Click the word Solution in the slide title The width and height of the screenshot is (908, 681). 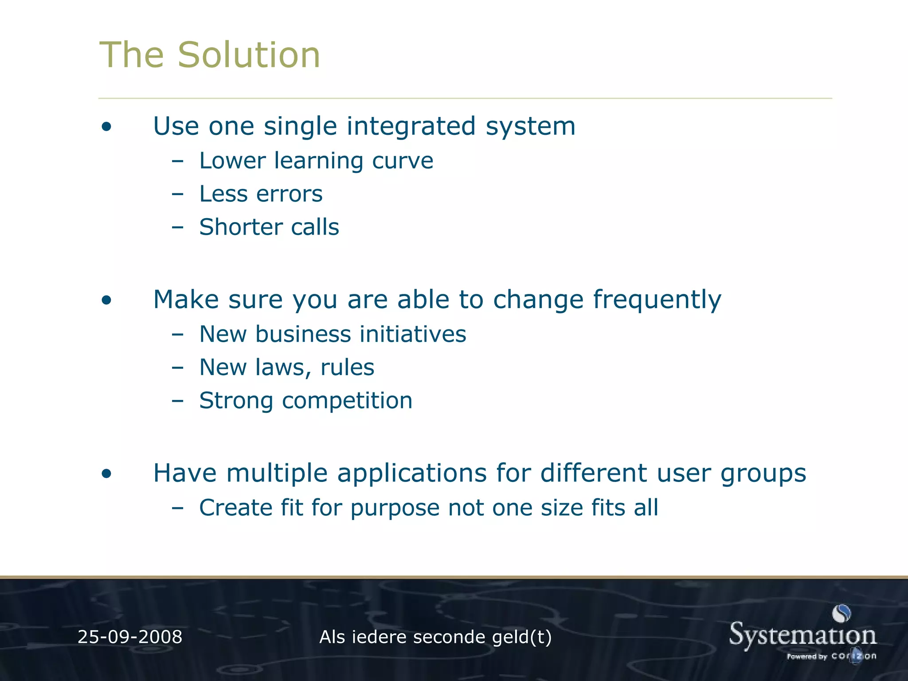pos(249,55)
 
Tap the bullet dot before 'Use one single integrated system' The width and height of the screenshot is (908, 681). pos(106,127)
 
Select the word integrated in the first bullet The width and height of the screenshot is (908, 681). pos(411,126)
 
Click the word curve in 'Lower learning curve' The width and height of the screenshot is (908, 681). pos(402,160)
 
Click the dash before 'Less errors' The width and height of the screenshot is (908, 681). pos(177,194)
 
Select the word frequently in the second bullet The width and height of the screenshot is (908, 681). pos(657,300)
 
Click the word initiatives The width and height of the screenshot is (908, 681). pos(413,334)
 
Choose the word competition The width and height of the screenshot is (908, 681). pos(347,401)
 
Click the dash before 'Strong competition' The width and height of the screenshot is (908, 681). pos(177,401)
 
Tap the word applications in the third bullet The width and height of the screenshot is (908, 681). pos(412,474)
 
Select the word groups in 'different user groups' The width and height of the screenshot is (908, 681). pos(763,474)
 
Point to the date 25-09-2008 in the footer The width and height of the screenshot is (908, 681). pos(130,637)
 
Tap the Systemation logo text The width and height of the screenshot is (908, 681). pos(802,635)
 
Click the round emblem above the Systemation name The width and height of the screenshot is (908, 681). pos(841,614)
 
